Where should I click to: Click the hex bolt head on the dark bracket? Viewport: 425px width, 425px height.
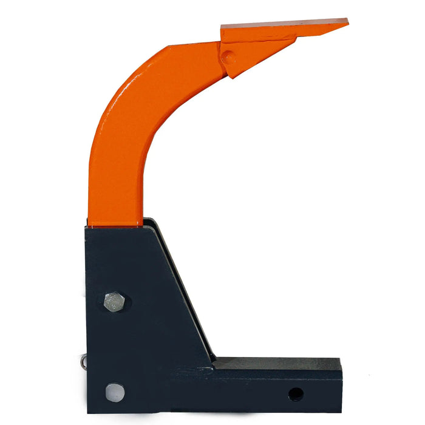114,302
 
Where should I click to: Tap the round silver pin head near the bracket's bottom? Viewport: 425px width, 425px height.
114,392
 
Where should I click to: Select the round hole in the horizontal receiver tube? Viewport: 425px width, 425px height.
296,394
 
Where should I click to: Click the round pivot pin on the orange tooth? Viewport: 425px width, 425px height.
229,58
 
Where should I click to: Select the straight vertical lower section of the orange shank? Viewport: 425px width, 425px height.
115,188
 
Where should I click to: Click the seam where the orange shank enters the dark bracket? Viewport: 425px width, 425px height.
115,225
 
